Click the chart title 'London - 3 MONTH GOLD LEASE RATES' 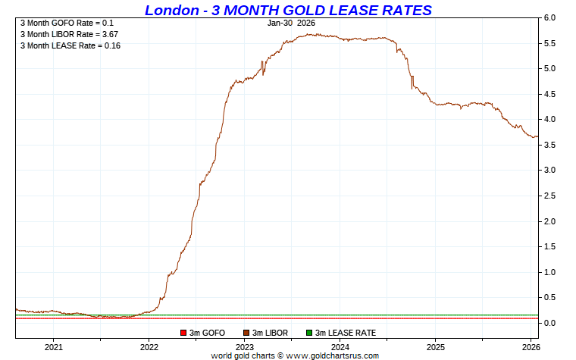coord(288,10)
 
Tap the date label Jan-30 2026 coord(291,23)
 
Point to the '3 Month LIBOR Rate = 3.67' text coord(69,34)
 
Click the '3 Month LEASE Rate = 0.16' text coord(70,45)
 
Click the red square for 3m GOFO coord(183,333)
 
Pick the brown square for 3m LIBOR coord(246,333)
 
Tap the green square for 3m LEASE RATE coord(308,333)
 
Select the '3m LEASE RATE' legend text coord(345,333)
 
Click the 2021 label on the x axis coord(53,347)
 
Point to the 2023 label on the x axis coord(244,347)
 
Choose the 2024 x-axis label coord(340,347)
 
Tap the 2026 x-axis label coord(531,347)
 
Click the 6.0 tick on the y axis coord(550,18)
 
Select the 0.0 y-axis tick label coord(550,323)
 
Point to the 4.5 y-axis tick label coord(550,94)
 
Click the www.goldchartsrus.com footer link coord(330,355)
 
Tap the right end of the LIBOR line coord(537,137)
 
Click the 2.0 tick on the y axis coord(550,221)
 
